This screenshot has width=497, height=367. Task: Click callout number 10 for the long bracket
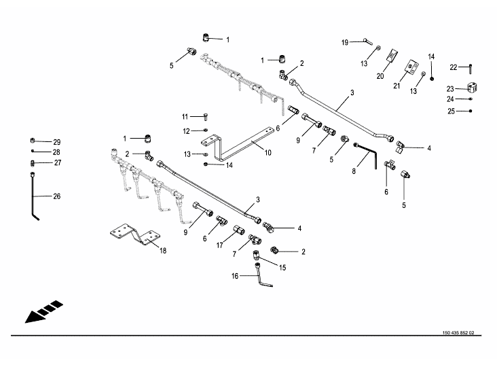[x=268, y=153]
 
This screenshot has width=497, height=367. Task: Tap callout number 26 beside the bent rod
[x=56, y=196]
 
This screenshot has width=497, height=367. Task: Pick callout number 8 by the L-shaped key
[x=353, y=173]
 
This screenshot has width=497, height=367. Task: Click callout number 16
[x=235, y=276]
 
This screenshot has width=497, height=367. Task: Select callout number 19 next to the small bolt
[x=345, y=42]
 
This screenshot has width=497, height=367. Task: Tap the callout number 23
[x=450, y=89]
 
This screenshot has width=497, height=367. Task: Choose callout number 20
[x=380, y=76]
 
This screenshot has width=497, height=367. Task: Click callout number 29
[x=56, y=141]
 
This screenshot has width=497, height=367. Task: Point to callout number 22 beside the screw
[x=454, y=67]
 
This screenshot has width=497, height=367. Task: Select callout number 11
[x=185, y=116]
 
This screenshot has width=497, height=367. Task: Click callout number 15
[x=282, y=268]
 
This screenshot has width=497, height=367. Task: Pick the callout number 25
[x=450, y=111]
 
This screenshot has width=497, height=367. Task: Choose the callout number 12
[x=185, y=130]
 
